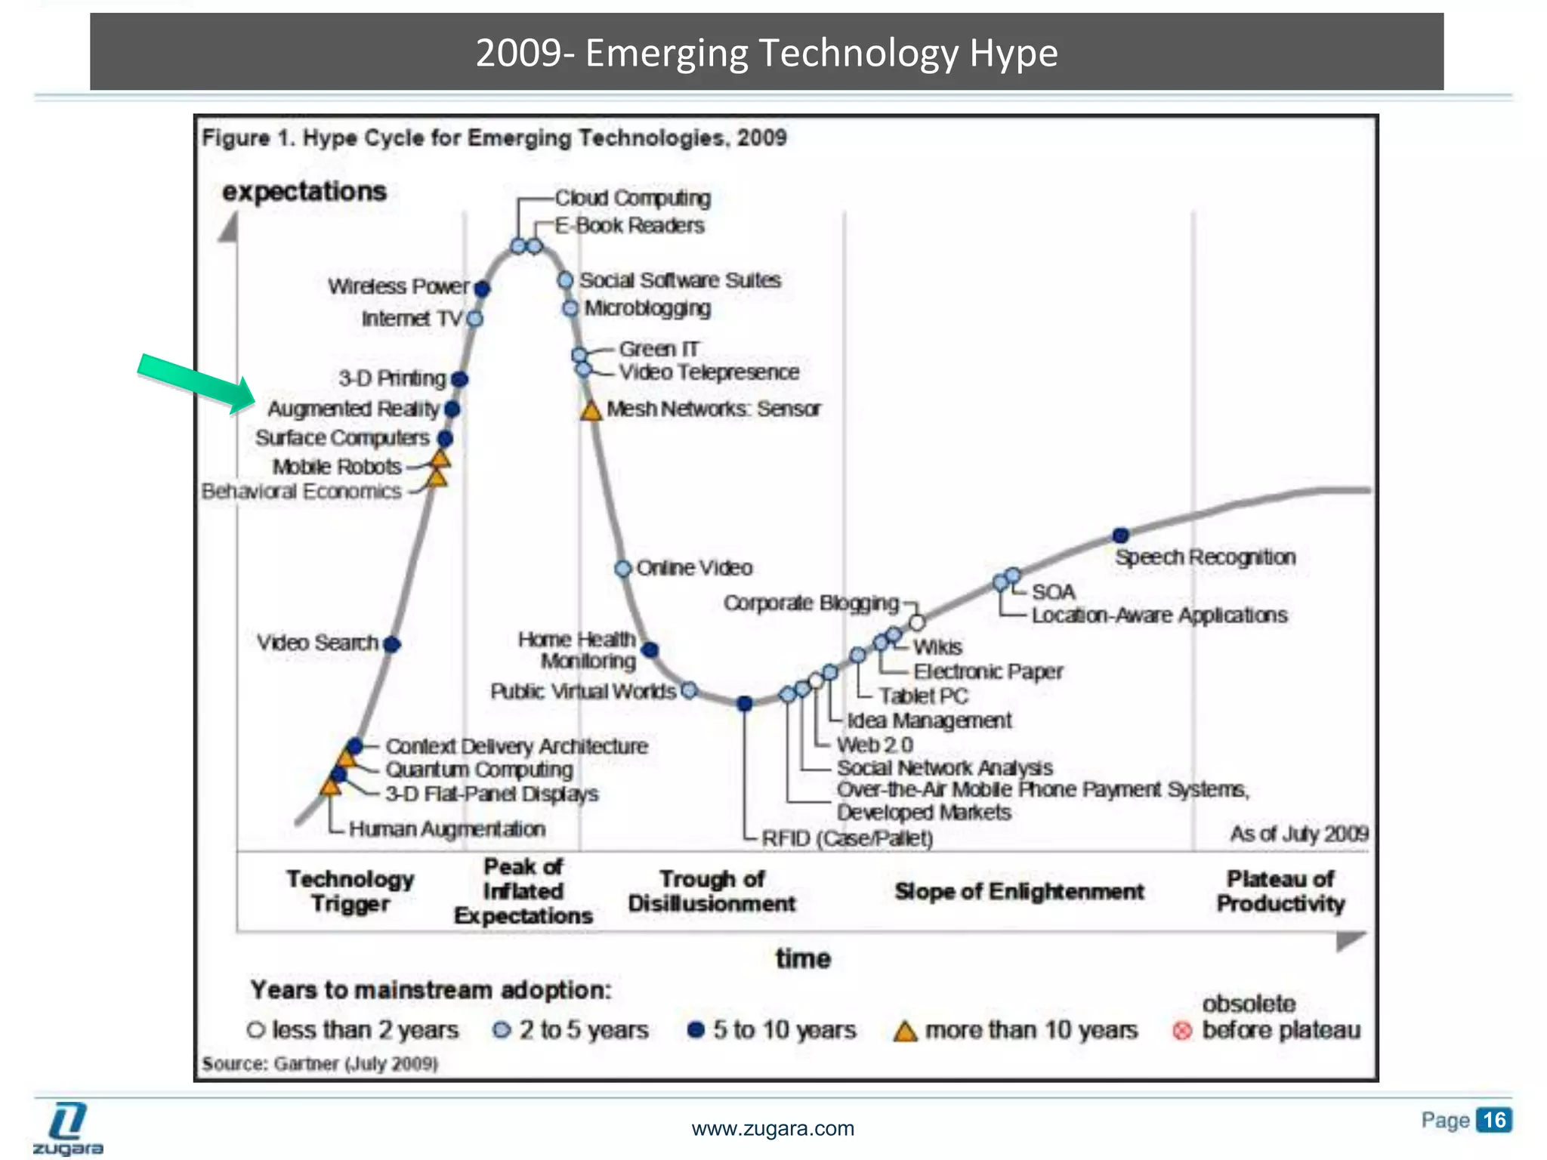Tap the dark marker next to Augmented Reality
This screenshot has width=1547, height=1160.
452,409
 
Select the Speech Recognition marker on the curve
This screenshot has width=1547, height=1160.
1121,535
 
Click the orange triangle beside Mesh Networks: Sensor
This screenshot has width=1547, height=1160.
591,411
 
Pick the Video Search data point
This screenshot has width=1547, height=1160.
391,644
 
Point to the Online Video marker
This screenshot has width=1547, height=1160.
623,569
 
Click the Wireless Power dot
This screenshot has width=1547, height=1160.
482,288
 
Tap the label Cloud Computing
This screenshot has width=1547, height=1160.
633,198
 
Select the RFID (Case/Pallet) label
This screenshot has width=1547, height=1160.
847,838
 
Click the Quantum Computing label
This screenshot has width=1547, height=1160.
479,770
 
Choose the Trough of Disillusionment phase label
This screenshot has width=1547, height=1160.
712,891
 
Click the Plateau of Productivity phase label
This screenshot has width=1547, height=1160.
1280,891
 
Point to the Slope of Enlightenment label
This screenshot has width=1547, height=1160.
1019,891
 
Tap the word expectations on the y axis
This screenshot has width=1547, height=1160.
304,192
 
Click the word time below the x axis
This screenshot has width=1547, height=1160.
803,959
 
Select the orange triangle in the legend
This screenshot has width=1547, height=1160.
904,1031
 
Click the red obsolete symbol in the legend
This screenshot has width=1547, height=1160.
1182,1031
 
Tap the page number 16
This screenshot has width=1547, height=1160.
1494,1119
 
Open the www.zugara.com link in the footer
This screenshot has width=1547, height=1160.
773,1129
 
